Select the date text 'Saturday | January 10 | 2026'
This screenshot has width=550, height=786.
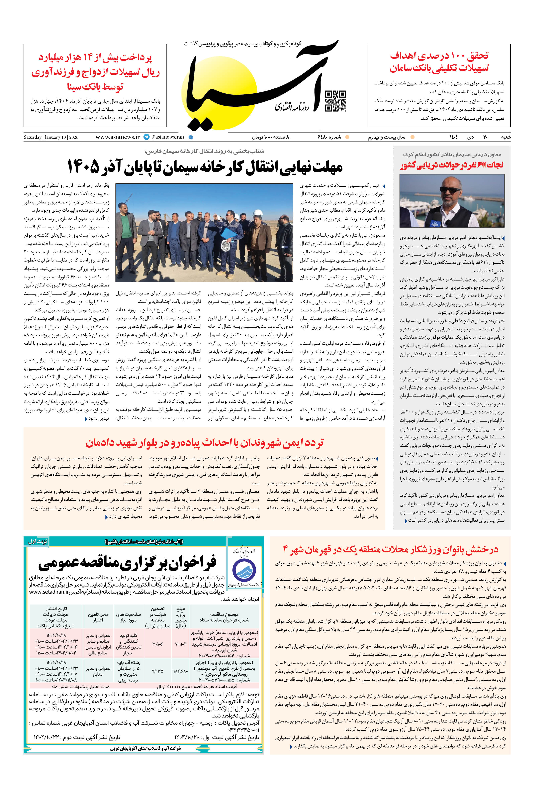pyautogui.click(x=51, y=137)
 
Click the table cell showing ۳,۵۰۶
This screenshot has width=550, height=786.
pyautogui.click(x=158, y=644)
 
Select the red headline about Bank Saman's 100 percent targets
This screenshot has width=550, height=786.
pyautogui.click(x=439, y=62)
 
